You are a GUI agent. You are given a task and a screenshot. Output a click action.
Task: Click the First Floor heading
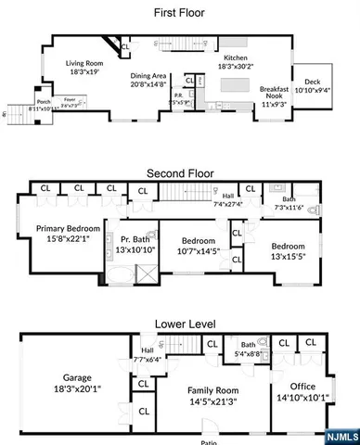click(x=179, y=13)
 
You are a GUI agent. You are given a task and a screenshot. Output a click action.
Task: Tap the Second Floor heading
click(x=179, y=172)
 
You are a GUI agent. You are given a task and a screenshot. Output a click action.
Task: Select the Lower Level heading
click(x=179, y=324)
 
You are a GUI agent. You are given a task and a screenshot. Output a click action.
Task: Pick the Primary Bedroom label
click(x=67, y=228)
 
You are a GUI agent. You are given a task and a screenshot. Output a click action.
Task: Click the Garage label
click(x=75, y=377)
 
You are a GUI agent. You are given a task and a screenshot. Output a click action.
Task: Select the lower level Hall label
click(x=147, y=350)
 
